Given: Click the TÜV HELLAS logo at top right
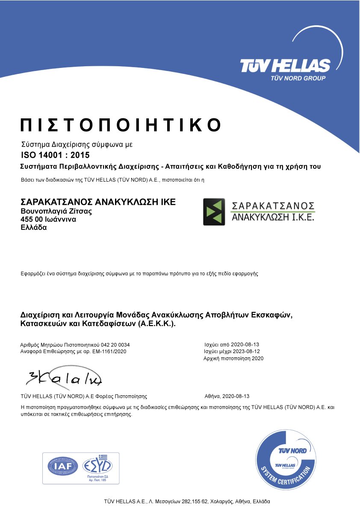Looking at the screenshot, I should pos(285,66).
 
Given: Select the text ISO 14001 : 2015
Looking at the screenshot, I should pos(56,155).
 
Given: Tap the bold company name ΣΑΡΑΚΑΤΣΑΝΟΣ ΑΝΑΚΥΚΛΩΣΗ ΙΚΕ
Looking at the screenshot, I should pos(98,202).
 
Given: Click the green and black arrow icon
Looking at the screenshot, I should pos(214,212).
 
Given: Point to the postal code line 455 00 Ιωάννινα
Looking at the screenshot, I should pos(49,219).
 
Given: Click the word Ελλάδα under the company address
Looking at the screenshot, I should pos(34,227).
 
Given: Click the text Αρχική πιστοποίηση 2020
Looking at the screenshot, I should pos(233,359).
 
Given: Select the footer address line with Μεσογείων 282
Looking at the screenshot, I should pos(187,501).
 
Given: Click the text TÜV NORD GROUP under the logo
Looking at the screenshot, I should pos(298,78).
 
